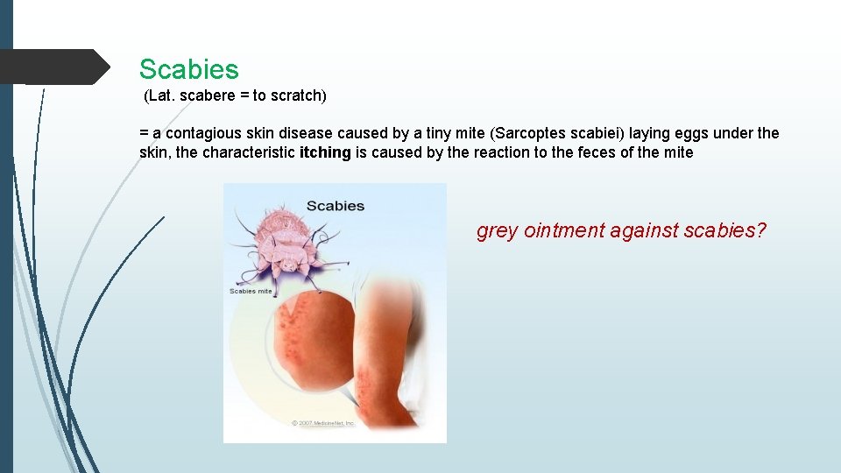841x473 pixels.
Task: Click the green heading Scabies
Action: pyautogui.click(x=188, y=69)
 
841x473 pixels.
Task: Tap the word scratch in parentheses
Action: pyautogui.click(x=298, y=95)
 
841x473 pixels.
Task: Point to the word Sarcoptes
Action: pyautogui.click(x=527, y=133)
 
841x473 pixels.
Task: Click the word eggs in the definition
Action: pyautogui.click(x=692, y=133)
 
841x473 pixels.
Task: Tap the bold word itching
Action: pyautogui.click(x=325, y=152)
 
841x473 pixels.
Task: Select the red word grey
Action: pyautogui.click(x=497, y=231)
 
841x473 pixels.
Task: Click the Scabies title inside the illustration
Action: pyautogui.click(x=335, y=206)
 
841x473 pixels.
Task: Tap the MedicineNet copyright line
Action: pyautogui.click(x=323, y=423)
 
